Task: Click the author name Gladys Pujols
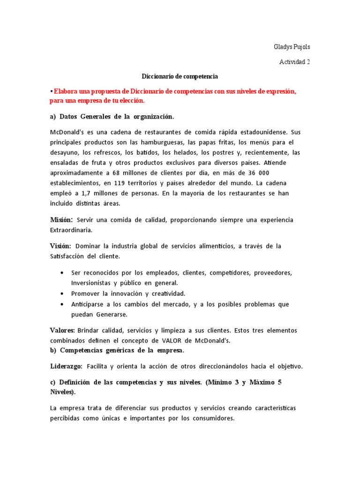point(292,47)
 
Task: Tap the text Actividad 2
point(295,61)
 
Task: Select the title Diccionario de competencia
point(180,75)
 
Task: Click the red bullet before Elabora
point(51,90)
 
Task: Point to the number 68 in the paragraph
point(126,172)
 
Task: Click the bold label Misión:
point(61,220)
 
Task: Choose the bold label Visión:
point(60,246)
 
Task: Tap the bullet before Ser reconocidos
point(62,273)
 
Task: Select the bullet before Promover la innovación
point(62,293)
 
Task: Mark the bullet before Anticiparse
point(62,304)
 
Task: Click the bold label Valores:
point(62,330)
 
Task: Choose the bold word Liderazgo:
point(66,366)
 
